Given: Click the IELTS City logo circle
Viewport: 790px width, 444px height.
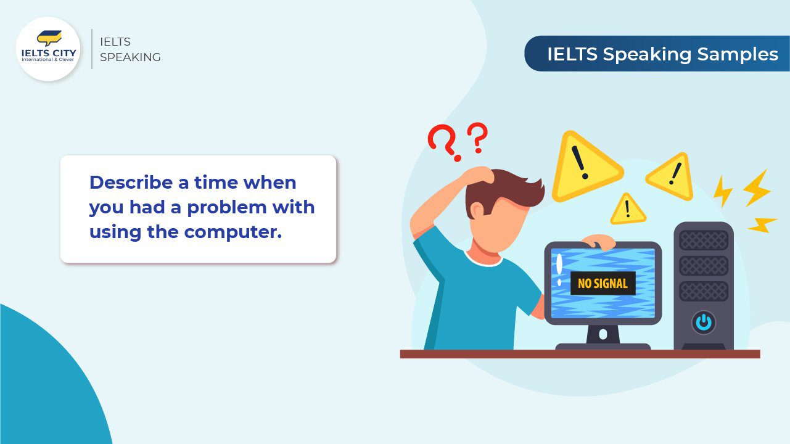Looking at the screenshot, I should point(48,49).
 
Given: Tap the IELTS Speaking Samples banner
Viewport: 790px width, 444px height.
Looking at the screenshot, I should point(657,54).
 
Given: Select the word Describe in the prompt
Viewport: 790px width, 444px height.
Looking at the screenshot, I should point(130,183).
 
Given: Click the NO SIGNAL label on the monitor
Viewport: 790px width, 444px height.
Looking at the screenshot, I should point(603,284).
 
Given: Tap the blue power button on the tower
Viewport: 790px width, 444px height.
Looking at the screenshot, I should point(703,322).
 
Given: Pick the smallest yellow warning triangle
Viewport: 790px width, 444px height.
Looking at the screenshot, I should point(627,210).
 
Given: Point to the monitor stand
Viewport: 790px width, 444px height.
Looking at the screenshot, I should point(603,335).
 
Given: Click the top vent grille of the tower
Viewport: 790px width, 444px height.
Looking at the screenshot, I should point(703,240).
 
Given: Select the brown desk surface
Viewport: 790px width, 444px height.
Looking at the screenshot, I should point(580,354).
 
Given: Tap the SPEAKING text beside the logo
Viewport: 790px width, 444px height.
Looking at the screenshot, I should point(130,57).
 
